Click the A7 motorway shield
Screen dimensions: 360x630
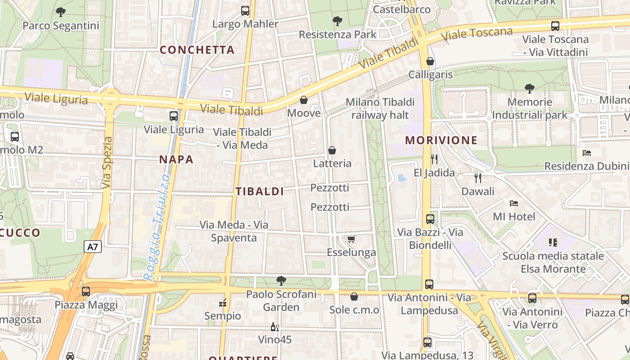tap(93, 247)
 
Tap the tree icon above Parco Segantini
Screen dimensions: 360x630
tap(61, 12)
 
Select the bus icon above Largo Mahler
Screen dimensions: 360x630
tap(245, 10)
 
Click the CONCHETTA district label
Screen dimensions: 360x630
tap(197, 50)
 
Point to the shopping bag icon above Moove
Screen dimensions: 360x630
tap(304, 99)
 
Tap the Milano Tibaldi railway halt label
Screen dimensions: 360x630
tap(380, 108)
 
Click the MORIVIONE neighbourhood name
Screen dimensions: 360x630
tap(441, 140)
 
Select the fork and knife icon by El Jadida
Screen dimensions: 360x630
tap(434, 159)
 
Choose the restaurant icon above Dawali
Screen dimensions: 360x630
tap(478, 178)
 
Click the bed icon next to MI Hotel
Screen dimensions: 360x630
tap(514, 203)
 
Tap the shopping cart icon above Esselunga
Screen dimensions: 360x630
tap(351, 239)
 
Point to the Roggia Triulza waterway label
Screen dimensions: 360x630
tap(157, 227)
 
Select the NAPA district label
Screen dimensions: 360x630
tap(176, 159)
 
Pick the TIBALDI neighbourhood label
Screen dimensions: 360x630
tap(260, 191)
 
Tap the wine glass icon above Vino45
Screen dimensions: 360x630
tap(274, 327)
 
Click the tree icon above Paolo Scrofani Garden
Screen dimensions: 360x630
tap(281, 281)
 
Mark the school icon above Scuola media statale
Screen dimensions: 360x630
tap(553, 243)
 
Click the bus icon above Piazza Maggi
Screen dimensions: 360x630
tap(86, 292)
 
